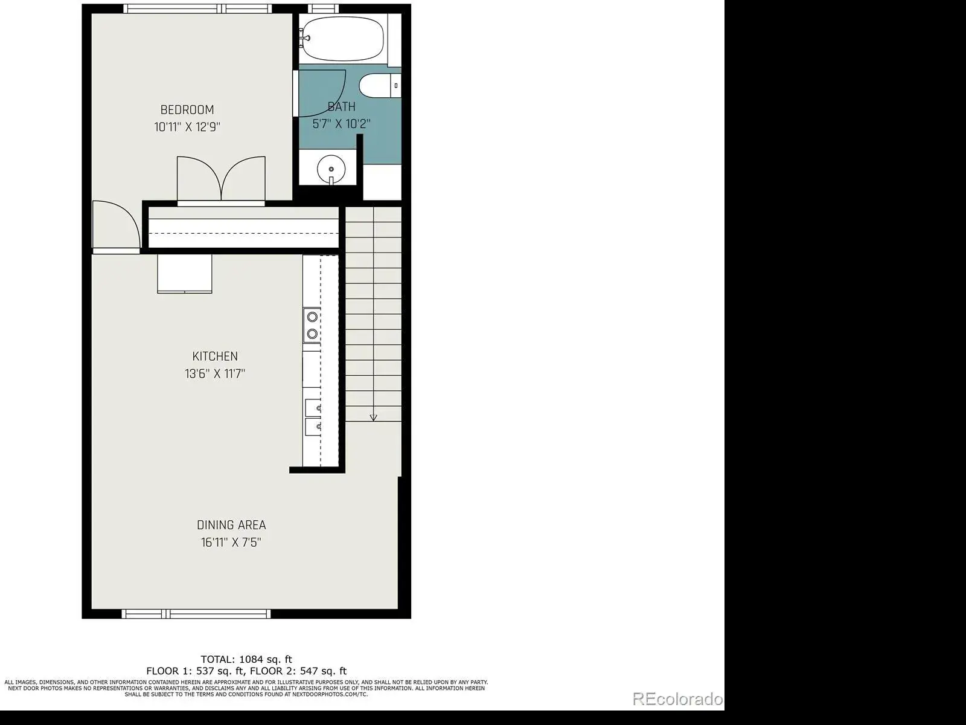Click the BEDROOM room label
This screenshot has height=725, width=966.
pyautogui.click(x=187, y=109)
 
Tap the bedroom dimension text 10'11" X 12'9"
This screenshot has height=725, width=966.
pyautogui.click(x=187, y=127)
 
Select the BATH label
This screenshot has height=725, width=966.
pyautogui.click(x=342, y=106)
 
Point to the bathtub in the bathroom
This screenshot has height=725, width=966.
pyautogui.click(x=343, y=39)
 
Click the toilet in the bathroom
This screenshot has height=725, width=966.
pyautogui.click(x=379, y=85)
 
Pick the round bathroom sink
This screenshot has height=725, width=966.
pyautogui.click(x=331, y=169)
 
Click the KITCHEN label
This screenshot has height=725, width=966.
pyautogui.click(x=215, y=356)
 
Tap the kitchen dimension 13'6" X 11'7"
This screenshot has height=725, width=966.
pyautogui.click(x=215, y=374)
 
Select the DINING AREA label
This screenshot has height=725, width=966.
pyautogui.click(x=231, y=525)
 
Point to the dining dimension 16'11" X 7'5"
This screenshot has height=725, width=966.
pyautogui.click(x=231, y=543)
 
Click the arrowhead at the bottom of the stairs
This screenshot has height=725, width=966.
pyautogui.click(x=373, y=417)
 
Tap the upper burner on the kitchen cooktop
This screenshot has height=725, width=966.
pyautogui.click(x=313, y=317)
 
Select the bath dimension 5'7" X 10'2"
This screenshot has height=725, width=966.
pyautogui.click(x=342, y=124)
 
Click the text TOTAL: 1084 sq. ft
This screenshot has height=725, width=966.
pyautogui.click(x=246, y=659)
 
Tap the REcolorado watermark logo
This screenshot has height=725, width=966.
pyautogui.click(x=678, y=699)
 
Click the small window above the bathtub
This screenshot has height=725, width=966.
pyautogui.click(x=323, y=8)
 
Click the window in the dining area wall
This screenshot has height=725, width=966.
pyautogui.click(x=196, y=614)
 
